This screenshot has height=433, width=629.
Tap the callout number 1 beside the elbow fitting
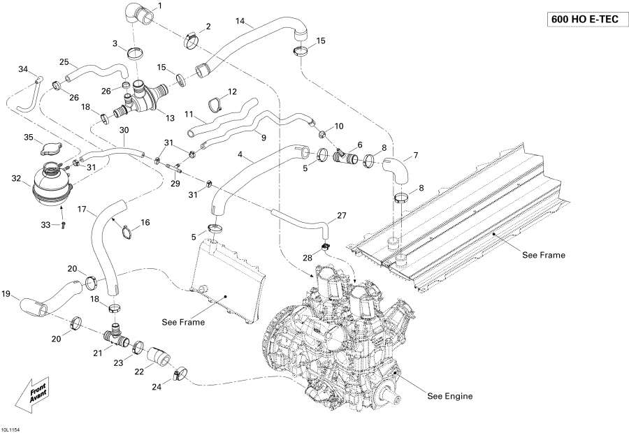[159, 6]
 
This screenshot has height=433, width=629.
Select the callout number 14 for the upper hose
[240, 22]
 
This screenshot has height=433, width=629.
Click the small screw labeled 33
[64, 224]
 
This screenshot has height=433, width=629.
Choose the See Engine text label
[449, 396]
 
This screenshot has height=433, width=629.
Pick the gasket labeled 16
[126, 230]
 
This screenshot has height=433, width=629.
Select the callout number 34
[23, 69]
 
